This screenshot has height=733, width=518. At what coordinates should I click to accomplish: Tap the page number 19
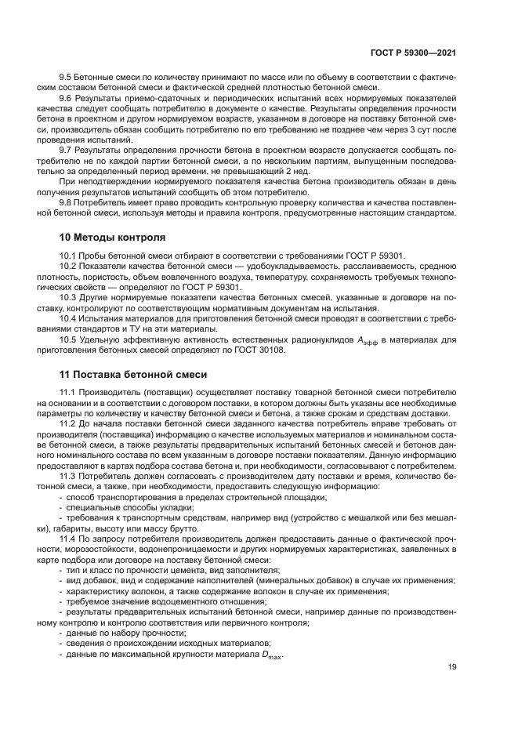coord(451,667)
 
